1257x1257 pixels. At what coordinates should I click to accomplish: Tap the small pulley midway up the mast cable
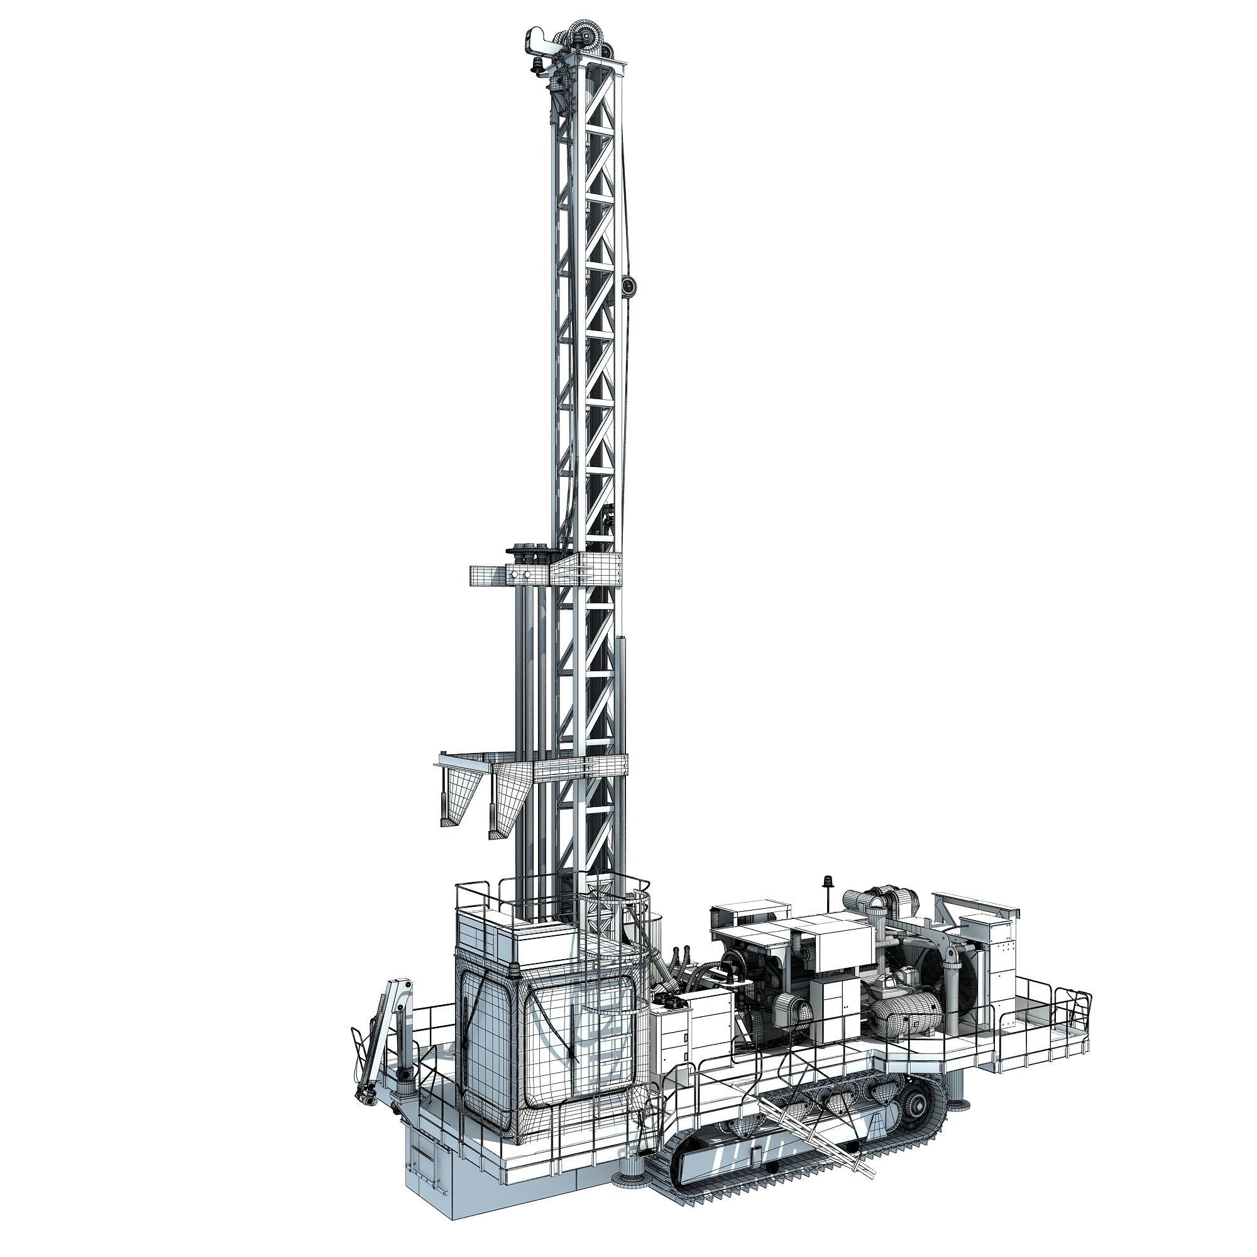628,285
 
